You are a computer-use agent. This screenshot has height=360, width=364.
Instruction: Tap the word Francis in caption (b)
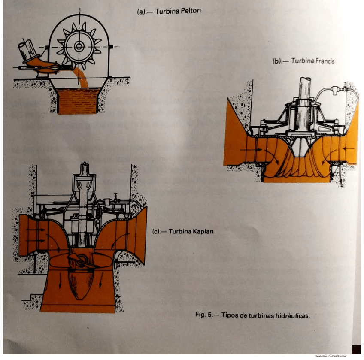click(x=325, y=61)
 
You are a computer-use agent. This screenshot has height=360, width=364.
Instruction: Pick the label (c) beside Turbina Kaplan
click(x=157, y=233)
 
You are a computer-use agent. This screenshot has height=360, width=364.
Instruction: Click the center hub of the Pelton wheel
click(x=79, y=46)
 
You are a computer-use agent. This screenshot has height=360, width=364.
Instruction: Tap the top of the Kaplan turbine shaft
click(x=85, y=167)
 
